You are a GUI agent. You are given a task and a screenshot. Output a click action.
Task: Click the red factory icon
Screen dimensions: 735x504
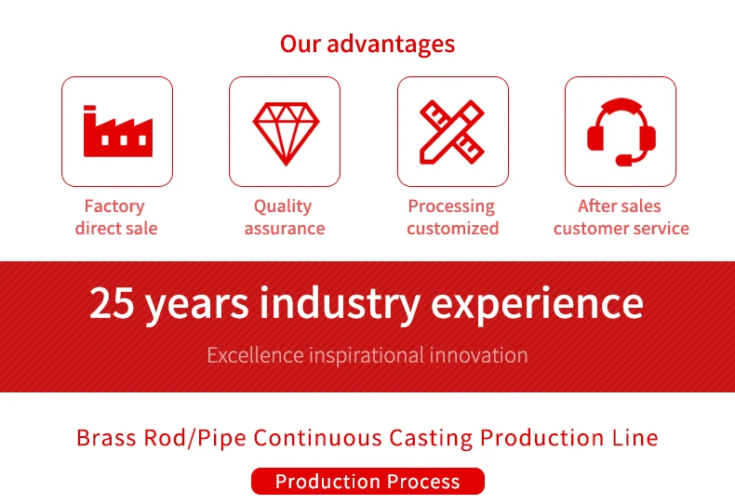(117, 131)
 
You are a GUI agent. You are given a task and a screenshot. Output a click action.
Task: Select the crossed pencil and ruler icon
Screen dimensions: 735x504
(452, 132)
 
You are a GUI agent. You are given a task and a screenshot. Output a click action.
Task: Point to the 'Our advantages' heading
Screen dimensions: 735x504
(367, 44)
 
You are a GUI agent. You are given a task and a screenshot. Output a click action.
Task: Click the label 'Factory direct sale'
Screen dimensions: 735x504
(115, 217)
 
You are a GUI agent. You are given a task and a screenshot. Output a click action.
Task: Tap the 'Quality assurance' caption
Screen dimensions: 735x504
(284, 217)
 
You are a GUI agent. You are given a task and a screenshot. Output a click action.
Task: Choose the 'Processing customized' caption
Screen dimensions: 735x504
(452, 217)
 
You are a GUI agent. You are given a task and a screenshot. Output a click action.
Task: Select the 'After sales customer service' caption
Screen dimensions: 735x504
(621, 217)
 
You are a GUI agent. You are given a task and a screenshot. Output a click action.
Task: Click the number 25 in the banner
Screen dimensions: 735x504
(112, 302)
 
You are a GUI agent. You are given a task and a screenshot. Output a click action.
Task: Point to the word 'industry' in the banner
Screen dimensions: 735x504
(340, 303)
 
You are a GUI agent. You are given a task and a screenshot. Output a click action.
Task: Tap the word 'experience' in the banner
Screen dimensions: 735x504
(537, 303)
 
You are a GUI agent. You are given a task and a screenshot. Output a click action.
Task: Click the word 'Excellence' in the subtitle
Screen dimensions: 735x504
(255, 355)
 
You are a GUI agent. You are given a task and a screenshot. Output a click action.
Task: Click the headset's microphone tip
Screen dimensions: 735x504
(624, 161)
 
